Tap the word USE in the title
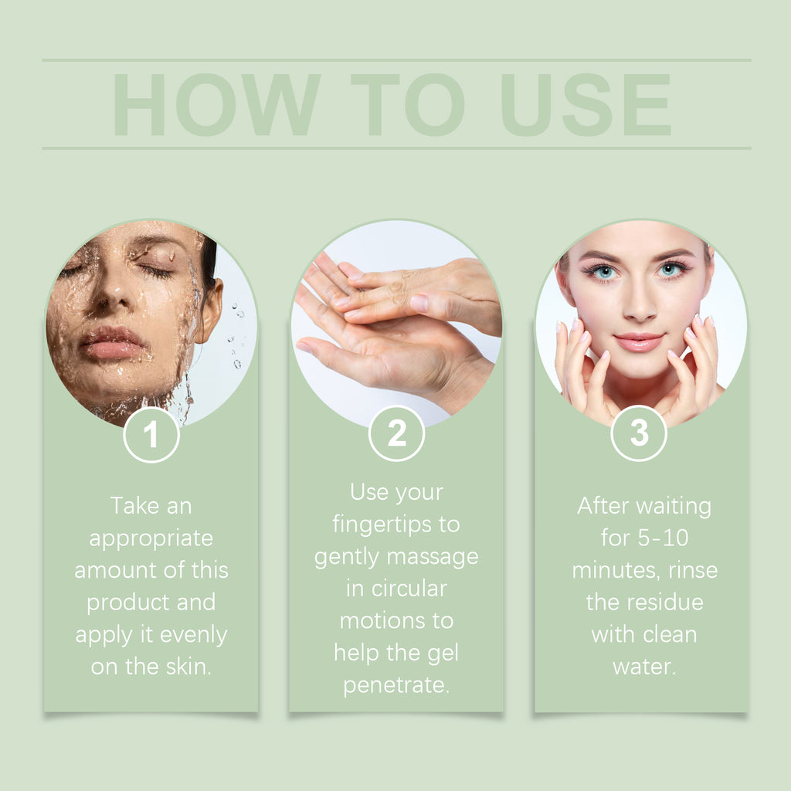586,104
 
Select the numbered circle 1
151,434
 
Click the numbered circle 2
396,433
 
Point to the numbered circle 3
639,433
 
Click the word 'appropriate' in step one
151,539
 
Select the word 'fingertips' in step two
382,525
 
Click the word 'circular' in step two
409,589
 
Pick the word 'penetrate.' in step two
396,686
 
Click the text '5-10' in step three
663,538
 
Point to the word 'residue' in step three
665,603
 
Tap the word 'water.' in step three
644,667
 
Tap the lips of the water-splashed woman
112,342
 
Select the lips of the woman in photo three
639,341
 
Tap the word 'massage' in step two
433,558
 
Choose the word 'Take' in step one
134,505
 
